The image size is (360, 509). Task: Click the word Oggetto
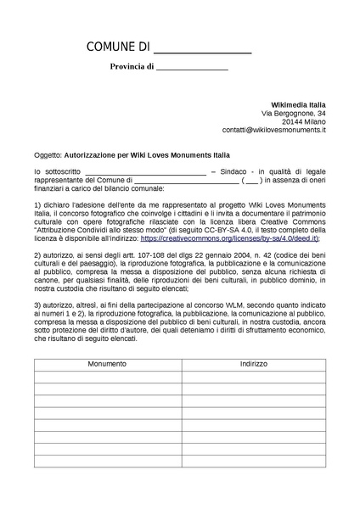[x=48, y=156]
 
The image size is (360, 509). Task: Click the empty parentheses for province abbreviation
[x=251, y=180]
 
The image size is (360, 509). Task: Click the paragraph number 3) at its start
[x=38, y=305]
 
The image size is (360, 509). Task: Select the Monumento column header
[x=107, y=364]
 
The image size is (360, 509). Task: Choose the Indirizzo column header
[x=253, y=364]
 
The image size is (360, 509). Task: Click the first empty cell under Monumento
[x=107, y=376]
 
